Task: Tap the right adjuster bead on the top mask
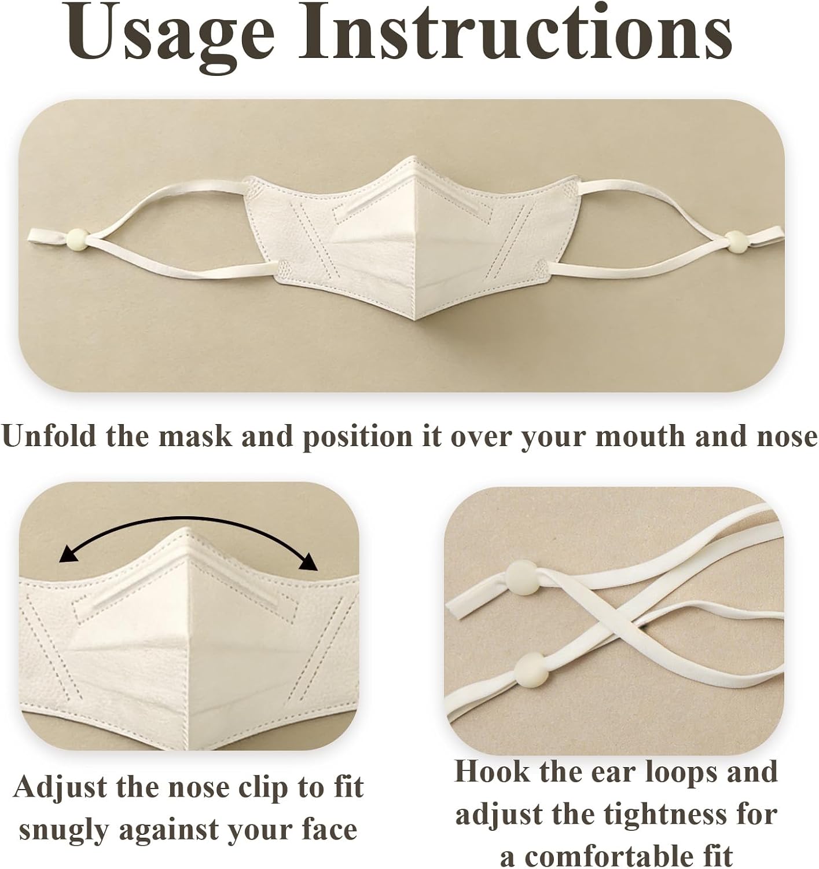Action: pyautogui.click(x=736, y=240)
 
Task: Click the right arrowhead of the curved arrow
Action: pyautogui.click(x=308, y=562)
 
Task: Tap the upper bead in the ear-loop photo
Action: pyautogui.click(x=523, y=577)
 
